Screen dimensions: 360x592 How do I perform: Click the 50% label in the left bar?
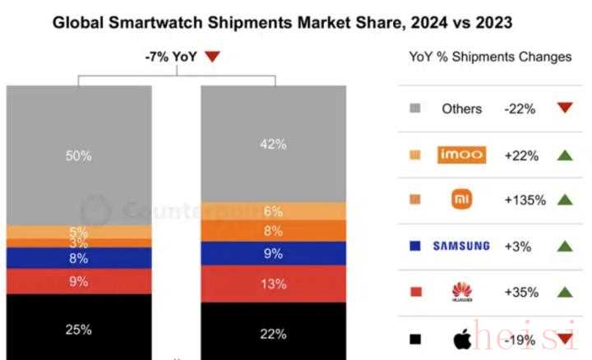(x=79, y=155)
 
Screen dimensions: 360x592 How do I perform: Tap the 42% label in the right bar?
(x=273, y=144)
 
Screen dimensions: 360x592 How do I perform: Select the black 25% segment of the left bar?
(x=79, y=329)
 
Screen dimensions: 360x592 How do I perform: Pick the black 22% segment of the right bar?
(x=273, y=333)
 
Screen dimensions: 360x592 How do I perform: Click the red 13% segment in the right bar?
(x=273, y=284)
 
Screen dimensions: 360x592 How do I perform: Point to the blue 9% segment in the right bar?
(x=273, y=254)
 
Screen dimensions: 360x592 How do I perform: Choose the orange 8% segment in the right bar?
(x=273, y=231)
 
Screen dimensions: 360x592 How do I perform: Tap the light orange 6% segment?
(x=273, y=211)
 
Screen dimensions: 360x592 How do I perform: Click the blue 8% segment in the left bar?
(x=79, y=258)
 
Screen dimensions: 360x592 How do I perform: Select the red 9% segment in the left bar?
(x=79, y=280)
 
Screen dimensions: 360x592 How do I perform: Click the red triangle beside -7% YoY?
(x=212, y=57)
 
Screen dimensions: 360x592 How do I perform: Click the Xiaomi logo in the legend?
(x=461, y=199)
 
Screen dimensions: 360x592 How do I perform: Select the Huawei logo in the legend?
(x=461, y=292)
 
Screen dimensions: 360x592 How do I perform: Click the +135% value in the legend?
(x=524, y=199)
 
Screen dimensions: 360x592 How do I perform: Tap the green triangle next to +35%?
(x=563, y=291)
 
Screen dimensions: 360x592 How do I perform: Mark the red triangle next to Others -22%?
(x=563, y=108)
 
